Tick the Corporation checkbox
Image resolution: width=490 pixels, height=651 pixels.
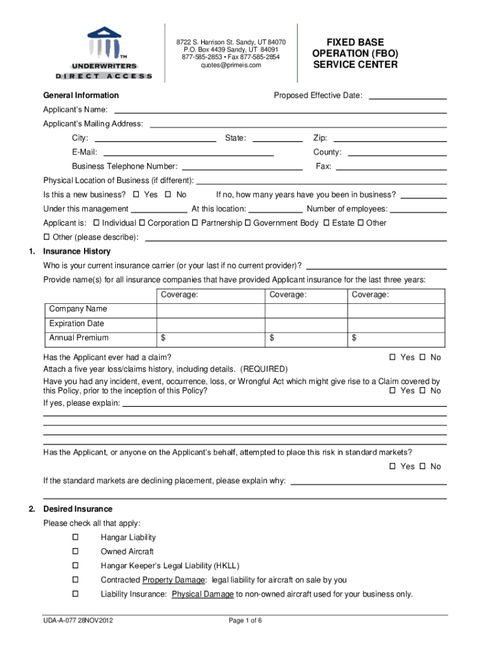[x=142, y=223]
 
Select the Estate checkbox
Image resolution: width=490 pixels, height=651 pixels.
[x=326, y=223]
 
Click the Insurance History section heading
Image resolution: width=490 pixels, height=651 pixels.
[x=76, y=251]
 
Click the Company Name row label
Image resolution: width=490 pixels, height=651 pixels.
[x=78, y=309]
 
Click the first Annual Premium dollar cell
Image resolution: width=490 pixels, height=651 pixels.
[x=210, y=338]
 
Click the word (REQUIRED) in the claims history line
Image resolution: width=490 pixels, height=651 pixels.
[x=264, y=369]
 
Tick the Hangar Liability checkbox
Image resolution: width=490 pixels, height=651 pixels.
[x=75, y=538]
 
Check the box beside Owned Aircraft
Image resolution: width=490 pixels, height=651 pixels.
[x=75, y=552]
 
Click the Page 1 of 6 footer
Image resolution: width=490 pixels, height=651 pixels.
[x=245, y=621]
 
